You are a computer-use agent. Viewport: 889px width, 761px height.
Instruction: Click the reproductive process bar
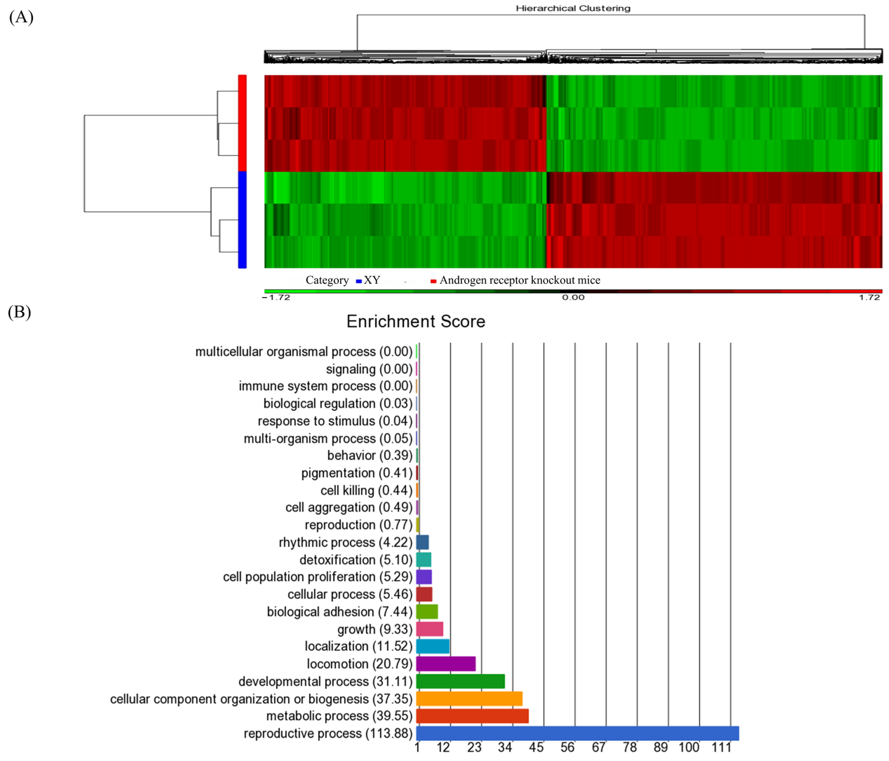[x=577, y=733]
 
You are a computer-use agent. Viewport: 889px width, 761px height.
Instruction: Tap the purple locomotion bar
[x=445, y=664]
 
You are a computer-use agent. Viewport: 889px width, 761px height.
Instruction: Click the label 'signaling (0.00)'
[x=369, y=369]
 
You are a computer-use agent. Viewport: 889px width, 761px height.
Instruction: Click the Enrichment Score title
[x=415, y=321]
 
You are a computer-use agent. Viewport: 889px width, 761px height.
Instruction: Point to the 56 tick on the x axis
[x=567, y=748]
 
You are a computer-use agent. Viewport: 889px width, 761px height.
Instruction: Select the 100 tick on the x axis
[x=689, y=748]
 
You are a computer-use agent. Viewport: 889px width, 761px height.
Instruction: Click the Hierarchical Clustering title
[x=573, y=8]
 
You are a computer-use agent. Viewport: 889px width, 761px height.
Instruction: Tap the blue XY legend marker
[x=359, y=281]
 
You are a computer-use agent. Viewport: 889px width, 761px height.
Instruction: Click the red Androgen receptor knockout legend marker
[x=433, y=281]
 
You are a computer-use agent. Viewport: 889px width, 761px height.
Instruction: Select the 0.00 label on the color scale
[x=573, y=297]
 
